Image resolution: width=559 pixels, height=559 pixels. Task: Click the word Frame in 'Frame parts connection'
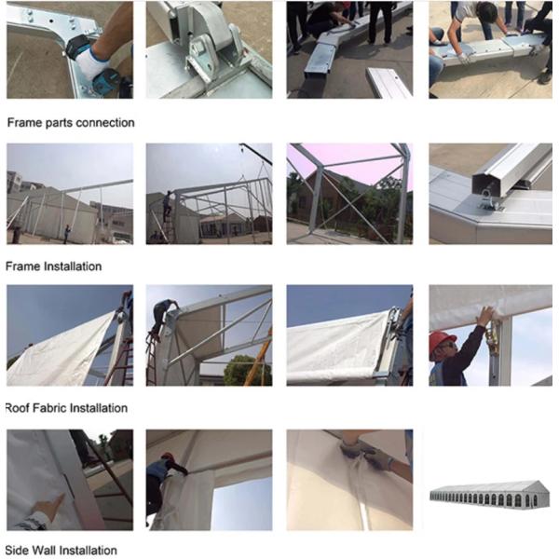click(24, 123)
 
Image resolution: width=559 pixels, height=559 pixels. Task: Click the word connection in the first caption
click(104, 123)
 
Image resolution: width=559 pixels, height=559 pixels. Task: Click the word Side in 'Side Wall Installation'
click(18, 550)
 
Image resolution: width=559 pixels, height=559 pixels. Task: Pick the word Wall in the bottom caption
click(46, 550)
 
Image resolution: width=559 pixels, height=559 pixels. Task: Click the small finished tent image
click(490, 495)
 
